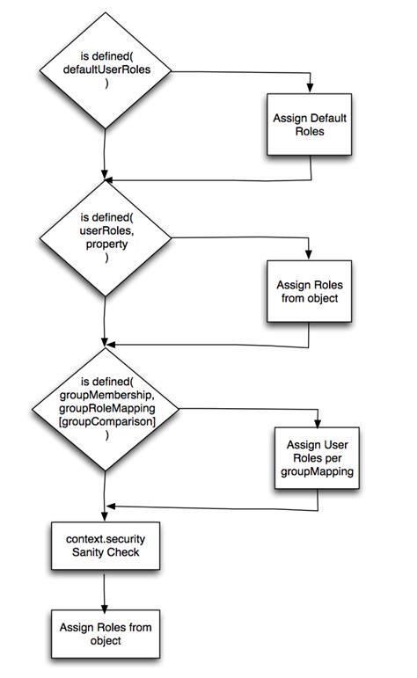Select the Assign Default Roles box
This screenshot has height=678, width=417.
coord(311,124)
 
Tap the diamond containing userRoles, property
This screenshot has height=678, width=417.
coord(105,237)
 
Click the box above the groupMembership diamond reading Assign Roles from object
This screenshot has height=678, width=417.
coord(311,291)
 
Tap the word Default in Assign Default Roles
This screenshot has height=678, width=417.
coord(327,117)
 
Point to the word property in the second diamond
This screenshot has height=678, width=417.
coord(106,244)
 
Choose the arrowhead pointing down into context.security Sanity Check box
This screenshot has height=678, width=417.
coord(105,520)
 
